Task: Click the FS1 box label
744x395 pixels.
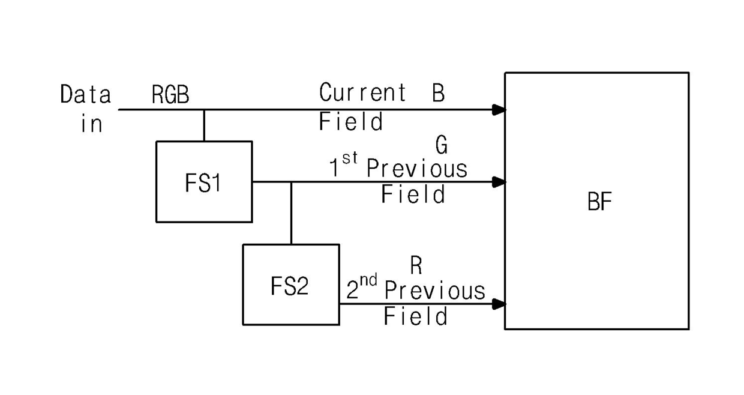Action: click(203, 182)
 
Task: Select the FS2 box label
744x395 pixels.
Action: click(289, 286)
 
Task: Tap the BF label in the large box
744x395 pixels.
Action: click(599, 201)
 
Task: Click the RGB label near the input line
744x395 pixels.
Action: click(170, 94)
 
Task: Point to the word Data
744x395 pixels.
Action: click(85, 94)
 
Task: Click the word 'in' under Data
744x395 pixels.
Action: click(92, 124)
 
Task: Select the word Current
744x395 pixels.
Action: click(362, 92)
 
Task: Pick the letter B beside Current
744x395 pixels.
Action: click(439, 92)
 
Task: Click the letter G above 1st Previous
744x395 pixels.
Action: click(442, 145)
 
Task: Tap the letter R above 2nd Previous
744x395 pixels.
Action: click(416, 265)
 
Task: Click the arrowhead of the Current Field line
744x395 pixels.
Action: click(499, 110)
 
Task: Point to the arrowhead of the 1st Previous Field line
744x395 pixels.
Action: click(499, 182)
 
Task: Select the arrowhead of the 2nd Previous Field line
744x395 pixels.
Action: click(499, 304)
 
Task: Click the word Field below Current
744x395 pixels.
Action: click(351, 121)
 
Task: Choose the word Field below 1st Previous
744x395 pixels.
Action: click(413, 194)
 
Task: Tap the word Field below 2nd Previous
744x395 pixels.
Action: click(416, 316)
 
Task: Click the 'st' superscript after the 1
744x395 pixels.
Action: click(350, 158)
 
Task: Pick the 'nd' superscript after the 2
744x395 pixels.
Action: click(368, 280)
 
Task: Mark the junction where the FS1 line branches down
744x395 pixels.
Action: click(291, 182)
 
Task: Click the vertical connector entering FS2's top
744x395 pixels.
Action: click(291, 213)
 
